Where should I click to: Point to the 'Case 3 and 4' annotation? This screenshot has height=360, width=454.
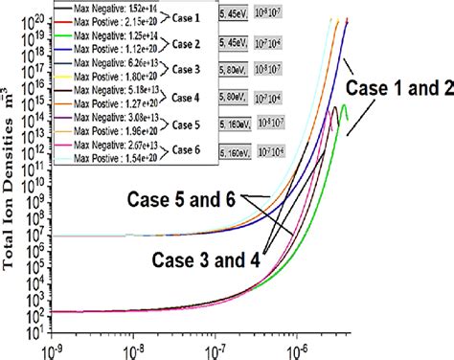coord(203,257)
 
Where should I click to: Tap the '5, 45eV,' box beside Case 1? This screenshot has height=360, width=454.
coord(235,15)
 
